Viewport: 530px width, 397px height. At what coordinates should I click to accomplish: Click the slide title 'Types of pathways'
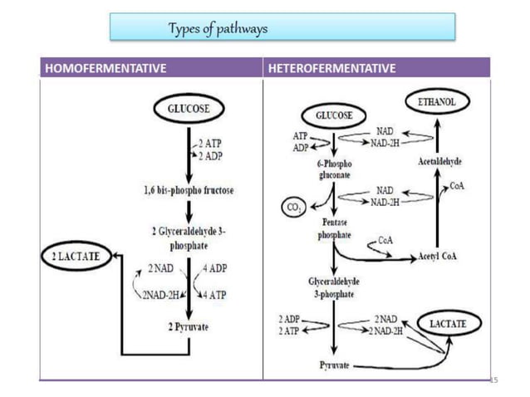218,30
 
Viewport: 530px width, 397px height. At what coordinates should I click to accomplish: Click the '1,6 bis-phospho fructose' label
189,190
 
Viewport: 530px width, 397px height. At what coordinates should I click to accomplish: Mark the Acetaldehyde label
439,161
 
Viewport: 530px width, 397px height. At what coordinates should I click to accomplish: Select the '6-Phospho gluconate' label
332,169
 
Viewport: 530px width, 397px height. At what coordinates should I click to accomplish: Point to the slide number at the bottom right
493,379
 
